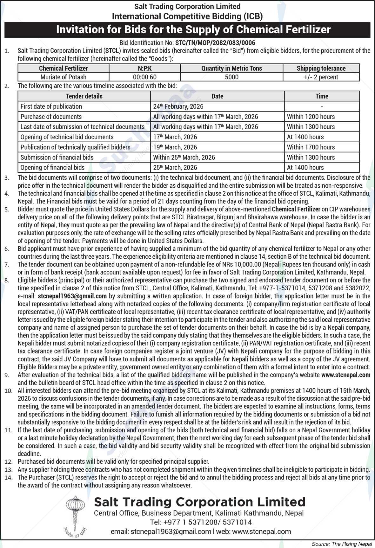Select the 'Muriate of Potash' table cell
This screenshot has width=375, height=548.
click(63, 77)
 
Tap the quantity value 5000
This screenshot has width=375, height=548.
click(231, 77)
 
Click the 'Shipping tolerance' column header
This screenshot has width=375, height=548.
click(321, 68)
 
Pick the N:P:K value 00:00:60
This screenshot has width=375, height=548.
click(144, 77)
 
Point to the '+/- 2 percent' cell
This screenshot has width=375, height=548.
click(321, 77)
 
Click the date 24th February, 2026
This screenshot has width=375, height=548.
click(178, 106)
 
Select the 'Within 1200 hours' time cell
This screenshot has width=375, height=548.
click(311, 117)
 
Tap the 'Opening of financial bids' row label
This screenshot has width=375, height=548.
click(52, 167)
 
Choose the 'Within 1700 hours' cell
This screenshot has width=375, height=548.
click(311, 147)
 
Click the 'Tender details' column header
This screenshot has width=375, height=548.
click(84, 96)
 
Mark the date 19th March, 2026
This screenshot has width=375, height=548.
click(175, 147)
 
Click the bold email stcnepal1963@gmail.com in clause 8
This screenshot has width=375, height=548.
click(72, 296)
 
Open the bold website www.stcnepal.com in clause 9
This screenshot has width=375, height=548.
click(346, 375)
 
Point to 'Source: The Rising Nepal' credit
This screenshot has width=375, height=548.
click(341, 544)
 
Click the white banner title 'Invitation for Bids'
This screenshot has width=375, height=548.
click(193, 29)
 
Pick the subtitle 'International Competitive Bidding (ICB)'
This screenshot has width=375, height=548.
click(187, 16)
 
